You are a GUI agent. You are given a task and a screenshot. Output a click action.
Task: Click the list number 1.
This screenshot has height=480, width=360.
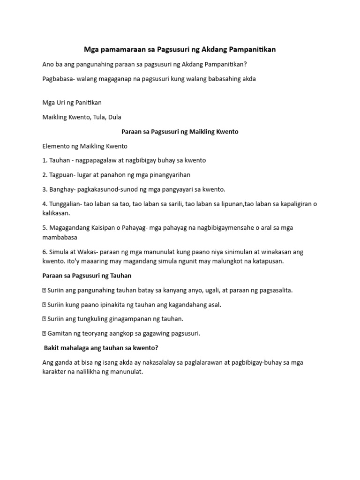(45, 160)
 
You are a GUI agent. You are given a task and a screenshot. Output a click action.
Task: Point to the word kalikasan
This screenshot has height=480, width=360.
(56, 213)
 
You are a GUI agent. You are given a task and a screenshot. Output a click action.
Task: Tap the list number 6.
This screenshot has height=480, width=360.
(45, 252)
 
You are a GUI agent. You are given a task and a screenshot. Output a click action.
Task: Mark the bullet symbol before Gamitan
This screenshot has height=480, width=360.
(44, 334)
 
